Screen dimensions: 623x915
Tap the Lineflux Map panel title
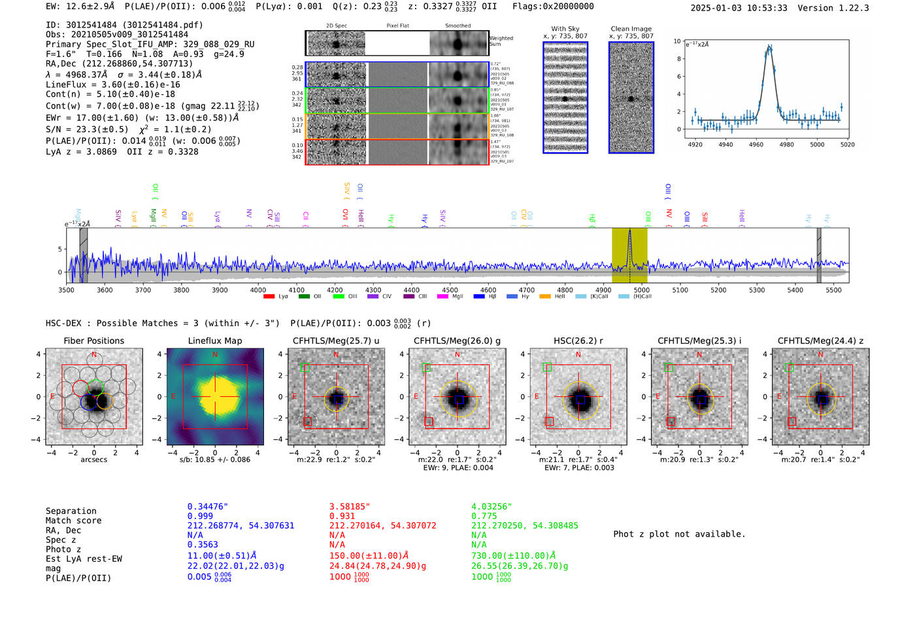214,341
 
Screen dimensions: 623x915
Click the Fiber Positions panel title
93,341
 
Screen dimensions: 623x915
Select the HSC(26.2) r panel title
578,341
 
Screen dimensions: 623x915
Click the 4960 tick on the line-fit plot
756,144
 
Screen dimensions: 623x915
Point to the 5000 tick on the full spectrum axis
642,290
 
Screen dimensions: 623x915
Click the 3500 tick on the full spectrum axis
67,290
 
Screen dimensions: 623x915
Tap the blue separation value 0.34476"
207,507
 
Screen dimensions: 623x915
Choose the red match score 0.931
342,516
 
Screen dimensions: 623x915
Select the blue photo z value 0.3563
203,545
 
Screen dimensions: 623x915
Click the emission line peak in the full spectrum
629,231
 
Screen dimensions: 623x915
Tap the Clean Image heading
631,29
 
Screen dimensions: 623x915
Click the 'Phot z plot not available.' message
679,534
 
